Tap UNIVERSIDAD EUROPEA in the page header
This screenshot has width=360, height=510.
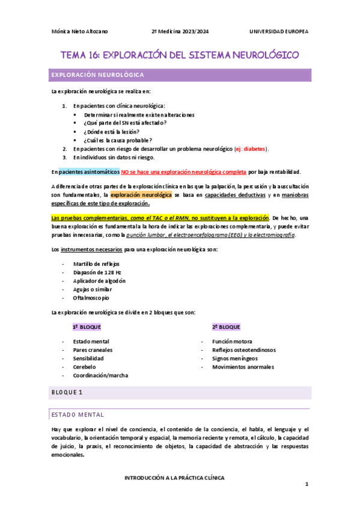click(279, 31)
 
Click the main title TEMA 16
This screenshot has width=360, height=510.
click(180, 55)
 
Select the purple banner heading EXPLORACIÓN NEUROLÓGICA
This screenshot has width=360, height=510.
click(97, 75)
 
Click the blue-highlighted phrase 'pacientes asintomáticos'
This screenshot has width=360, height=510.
click(89, 171)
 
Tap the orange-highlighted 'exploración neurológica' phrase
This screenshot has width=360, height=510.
click(141, 195)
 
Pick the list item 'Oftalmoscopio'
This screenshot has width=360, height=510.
click(91, 298)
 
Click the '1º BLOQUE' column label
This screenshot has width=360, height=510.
click(87, 327)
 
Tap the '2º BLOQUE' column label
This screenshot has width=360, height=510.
click(226, 327)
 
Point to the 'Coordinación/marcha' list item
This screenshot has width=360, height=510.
click(100, 375)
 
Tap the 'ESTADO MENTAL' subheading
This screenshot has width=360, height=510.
click(77, 414)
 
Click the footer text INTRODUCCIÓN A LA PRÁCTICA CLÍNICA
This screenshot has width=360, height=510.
click(174, 478)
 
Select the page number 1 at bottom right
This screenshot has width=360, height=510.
click(306, 484)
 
